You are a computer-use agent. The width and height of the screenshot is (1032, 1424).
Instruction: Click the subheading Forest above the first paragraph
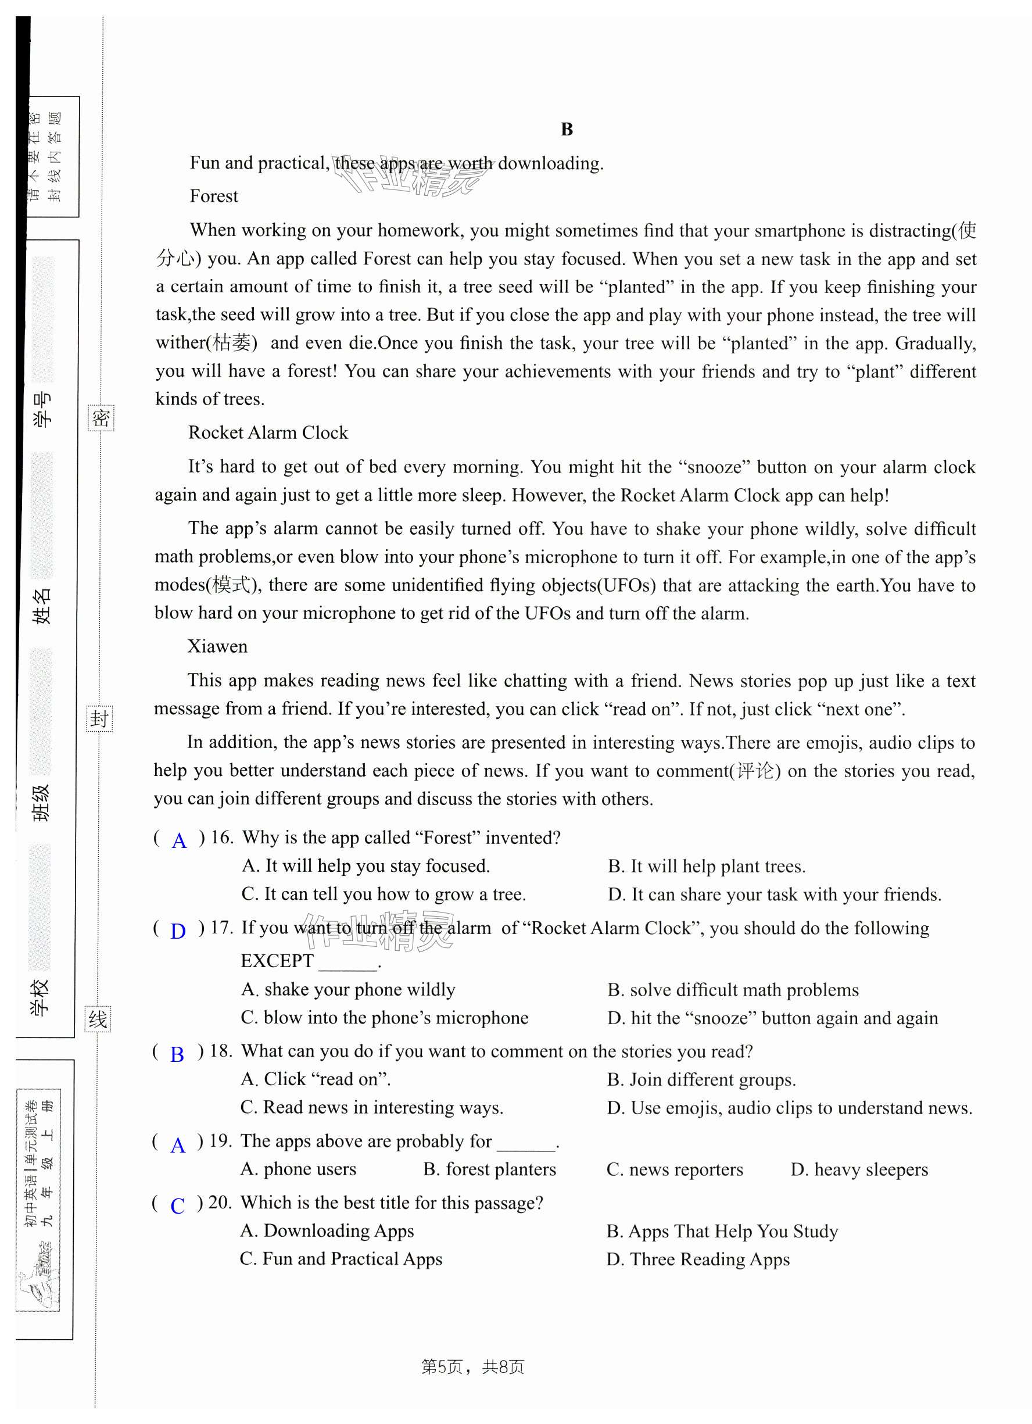(x=213, y=196)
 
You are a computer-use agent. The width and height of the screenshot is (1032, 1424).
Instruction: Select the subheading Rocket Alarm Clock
(x=267, y=432)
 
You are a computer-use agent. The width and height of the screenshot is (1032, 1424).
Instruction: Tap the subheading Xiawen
(x=217, y=647)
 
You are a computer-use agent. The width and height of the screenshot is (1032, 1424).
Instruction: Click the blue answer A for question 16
(x=179, y=840)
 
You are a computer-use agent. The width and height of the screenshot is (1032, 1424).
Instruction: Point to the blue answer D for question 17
(x=178, y=931)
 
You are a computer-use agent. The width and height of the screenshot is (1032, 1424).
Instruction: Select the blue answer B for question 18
(x=178, y=1054)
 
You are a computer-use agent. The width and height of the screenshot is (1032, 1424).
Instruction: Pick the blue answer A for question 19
(x=178, y=1145)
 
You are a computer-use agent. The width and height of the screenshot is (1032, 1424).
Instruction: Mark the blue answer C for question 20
(x=178, y=1205)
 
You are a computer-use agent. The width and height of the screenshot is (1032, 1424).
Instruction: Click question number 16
(x=221, y=838)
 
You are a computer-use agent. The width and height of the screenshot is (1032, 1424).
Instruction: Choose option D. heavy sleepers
(x=859, y=1169)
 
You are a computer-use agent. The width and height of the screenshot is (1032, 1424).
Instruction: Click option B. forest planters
(x=490, y=1169)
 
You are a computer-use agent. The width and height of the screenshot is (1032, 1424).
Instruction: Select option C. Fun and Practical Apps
(x=341, y=1259)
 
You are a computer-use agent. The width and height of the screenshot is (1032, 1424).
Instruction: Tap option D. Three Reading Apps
(x=697, y=1260)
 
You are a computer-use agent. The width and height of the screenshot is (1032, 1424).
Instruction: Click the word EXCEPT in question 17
(x=277, y=961)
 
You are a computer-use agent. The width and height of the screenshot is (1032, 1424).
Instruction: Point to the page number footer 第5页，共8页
(x=472, y=1367)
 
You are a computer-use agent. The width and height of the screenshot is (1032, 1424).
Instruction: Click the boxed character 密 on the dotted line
(x=101, y=418)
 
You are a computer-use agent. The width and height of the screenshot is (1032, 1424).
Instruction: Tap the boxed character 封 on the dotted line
(x=99, y=718)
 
